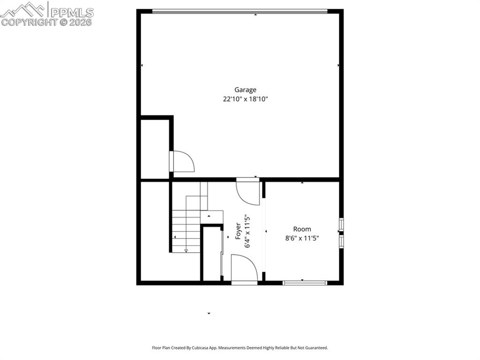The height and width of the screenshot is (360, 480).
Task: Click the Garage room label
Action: tap(245, 90)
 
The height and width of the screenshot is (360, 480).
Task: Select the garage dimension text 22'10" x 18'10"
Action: tap(245, 99)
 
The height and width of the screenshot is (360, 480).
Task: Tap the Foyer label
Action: tap(238, 232)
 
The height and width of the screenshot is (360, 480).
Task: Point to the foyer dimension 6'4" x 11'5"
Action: tap(247, 232)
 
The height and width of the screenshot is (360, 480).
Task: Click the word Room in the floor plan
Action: tap(302, 229)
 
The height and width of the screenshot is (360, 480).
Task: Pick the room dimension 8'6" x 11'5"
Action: tap(302, 238)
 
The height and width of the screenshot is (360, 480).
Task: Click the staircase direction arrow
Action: tap(186, 250)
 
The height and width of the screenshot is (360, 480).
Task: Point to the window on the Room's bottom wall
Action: tap(305, 283)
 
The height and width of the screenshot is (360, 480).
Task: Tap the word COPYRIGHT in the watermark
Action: tap(29, 22)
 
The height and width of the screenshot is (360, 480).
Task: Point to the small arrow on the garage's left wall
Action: tap(142, 66)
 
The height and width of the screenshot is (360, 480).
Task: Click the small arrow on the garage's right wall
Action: tap(338, 66)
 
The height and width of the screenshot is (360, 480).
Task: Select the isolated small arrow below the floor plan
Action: tap(209, 313)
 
